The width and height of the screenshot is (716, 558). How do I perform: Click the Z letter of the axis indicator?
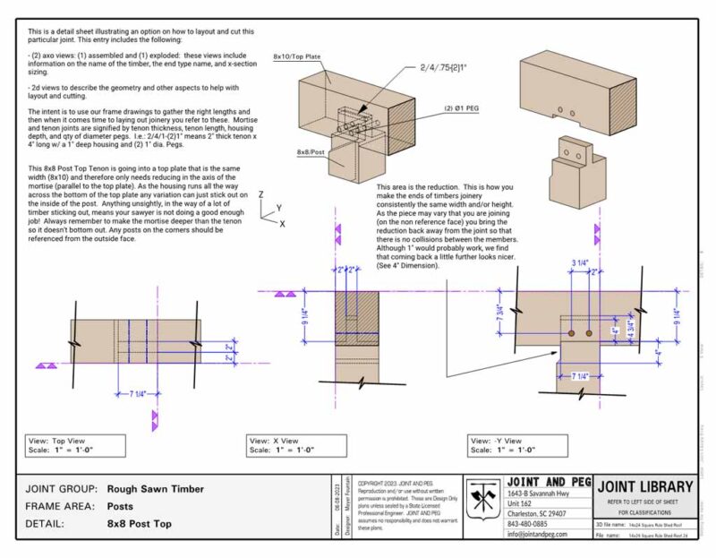pyautogui.click(x=260, y=193)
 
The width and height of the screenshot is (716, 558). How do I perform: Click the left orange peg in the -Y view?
pyautogui.click(x=570, y=333)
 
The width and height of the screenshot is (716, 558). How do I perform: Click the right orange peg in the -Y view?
pyautogui.click(x=588, y=333)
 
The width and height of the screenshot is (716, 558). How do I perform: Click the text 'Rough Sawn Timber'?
pyautogui.click(x=156, y=489)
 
